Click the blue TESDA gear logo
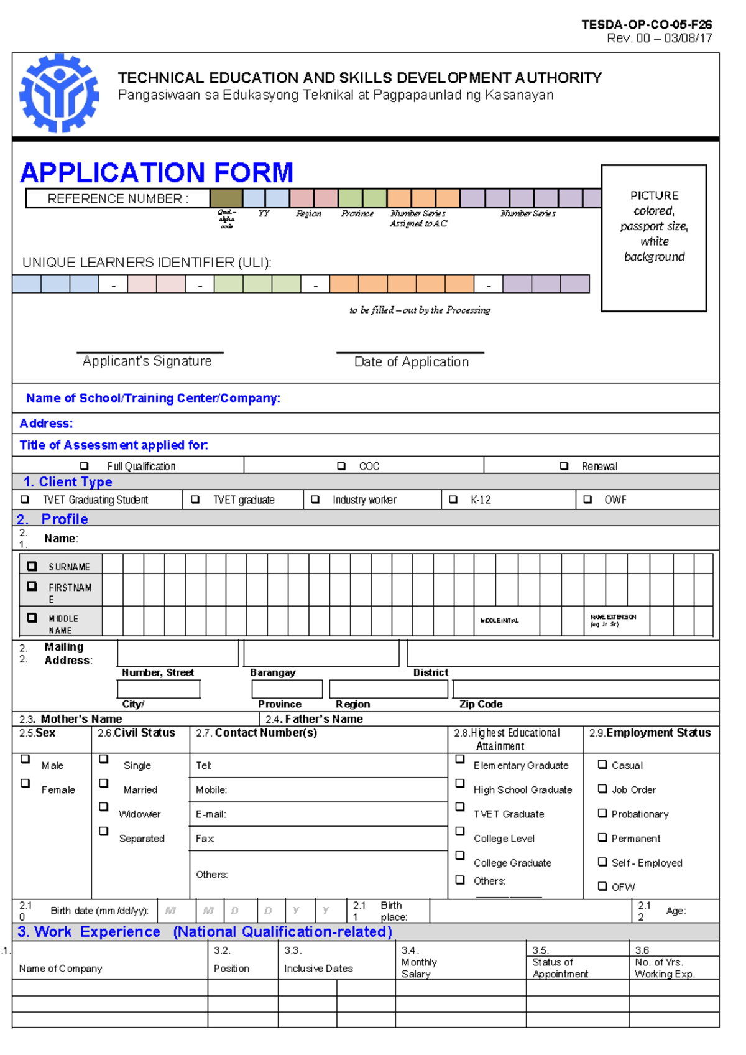[59, 94]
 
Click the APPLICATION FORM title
[157, 172]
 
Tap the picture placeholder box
[653, 238]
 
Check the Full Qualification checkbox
[85, 466]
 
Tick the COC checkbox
[341, 466]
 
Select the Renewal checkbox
[564, 466]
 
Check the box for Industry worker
[315, 500]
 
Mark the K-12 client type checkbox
[453, 500]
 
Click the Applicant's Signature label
[147, 361]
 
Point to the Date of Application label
[411, 362]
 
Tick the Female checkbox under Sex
[25, 783]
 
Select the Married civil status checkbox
[104, 783]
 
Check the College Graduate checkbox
[460, 856]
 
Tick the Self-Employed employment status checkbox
[602, 862]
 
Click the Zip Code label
[481, 704]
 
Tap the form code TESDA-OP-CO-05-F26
[647, 25]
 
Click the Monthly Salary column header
[419, 968]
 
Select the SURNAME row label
[69, 567]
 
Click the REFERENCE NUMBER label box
[117, 198]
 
